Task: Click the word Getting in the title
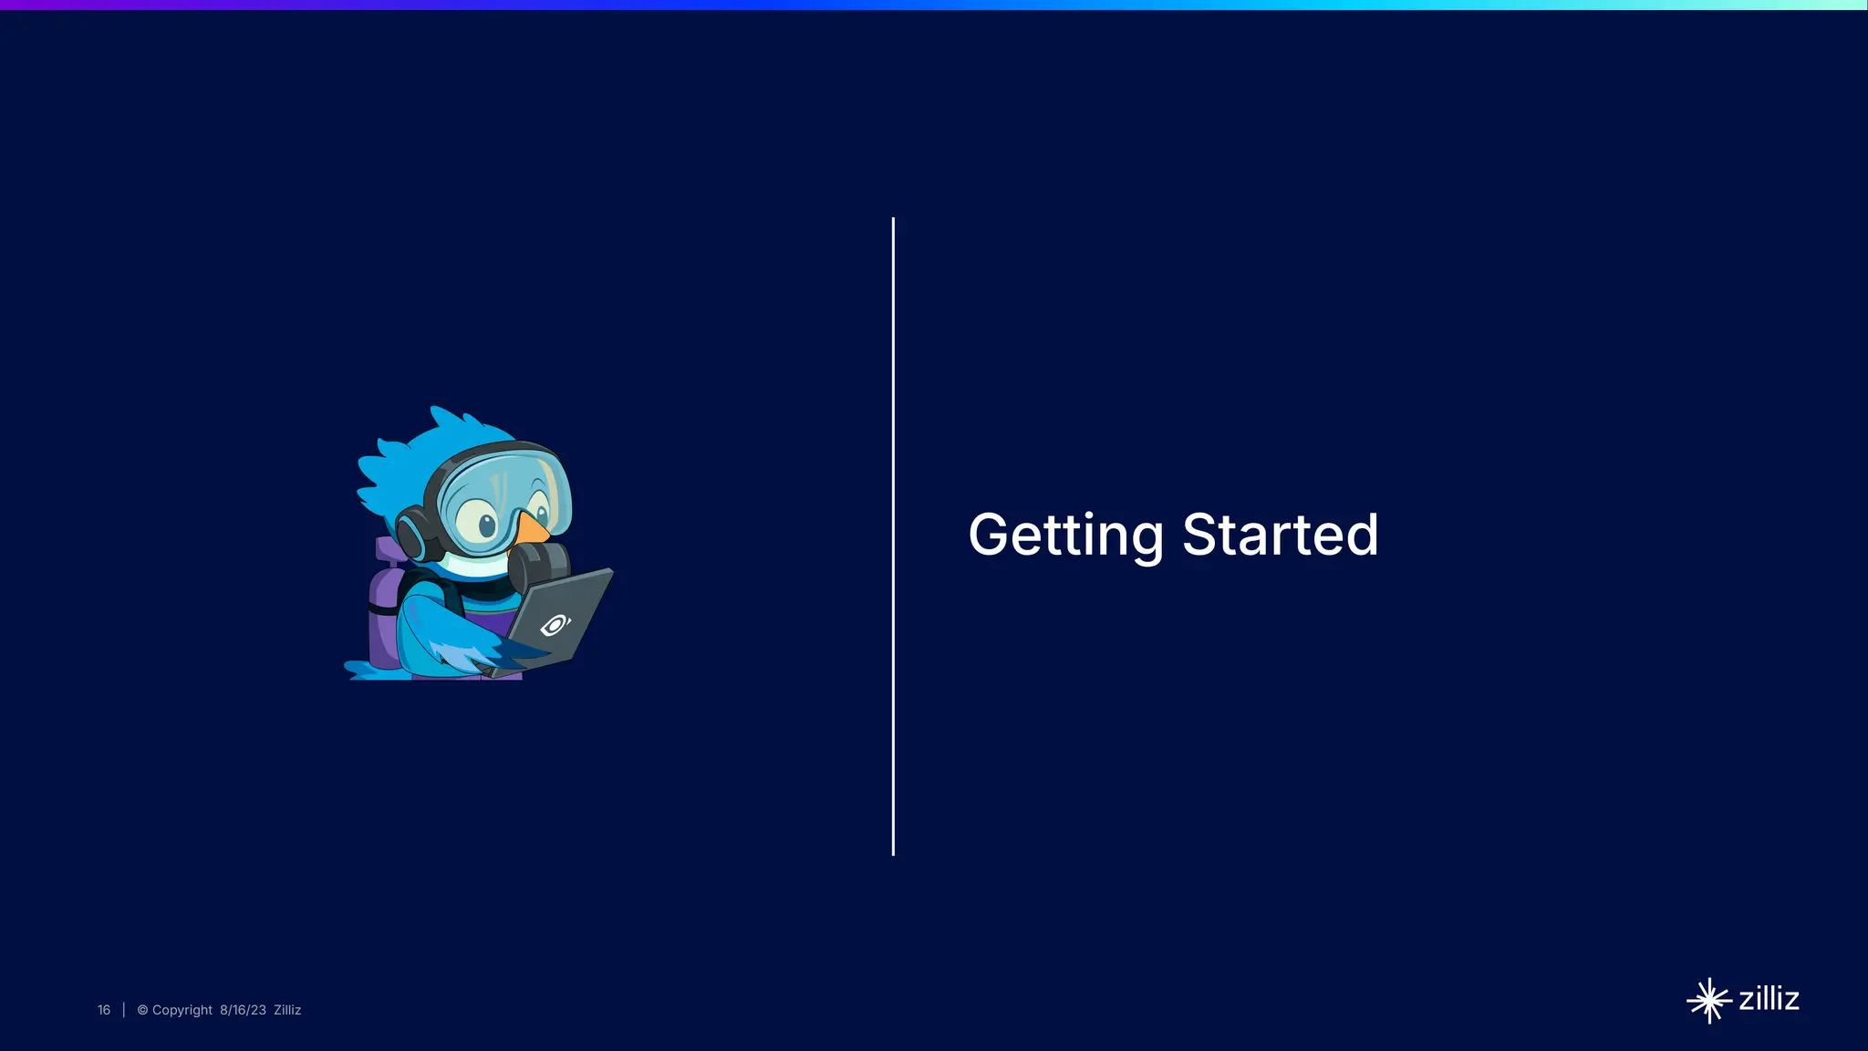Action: [x=1065, y=536]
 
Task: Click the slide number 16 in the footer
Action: [x=104, y=1010]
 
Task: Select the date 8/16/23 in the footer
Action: [x=243, y=1010]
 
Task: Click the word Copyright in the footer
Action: [x=182, y=1010]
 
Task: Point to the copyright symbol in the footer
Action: [x=142, y=1010]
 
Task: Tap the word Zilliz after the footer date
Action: [x=287, y=1010]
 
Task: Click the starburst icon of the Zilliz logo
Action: [x=1708, y=1001]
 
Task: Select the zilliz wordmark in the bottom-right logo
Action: [x=1769, y=998]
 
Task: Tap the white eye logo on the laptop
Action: [x=555, y=625]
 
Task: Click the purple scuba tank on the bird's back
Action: [x=385, y=620]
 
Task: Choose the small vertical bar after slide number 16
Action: [x=123, y=1010]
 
